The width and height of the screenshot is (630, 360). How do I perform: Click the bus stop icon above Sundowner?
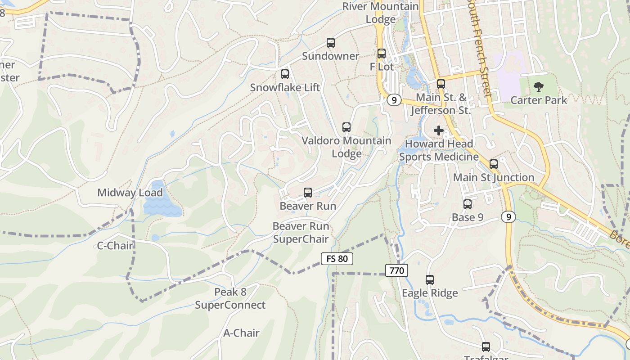(x=331, y=43)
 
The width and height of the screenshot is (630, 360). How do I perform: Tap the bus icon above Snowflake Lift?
(x=285, y=74)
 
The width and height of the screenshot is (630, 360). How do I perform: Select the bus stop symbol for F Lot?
(x=382, y=54)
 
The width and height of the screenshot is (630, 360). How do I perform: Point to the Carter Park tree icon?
(x=538, y=87)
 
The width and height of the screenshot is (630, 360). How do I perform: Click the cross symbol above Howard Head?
(x=439, y=130)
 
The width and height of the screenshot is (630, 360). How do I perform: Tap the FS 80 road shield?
(x=337, y=259)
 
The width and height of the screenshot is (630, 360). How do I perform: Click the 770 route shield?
(x=396, y=270)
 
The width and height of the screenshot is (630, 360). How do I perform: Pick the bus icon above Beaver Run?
(x=308, y=193)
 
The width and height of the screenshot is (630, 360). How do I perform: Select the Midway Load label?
(x=130, y=193)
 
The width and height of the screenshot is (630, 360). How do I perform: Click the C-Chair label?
(x=116, y=246)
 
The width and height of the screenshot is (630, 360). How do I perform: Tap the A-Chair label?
(x=242, y=333)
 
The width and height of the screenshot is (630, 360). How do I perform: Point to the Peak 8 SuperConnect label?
(x=230, y=298)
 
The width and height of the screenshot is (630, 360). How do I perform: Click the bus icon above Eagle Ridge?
(x=430, y=280)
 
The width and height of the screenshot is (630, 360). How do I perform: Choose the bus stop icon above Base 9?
(x=468, y=204)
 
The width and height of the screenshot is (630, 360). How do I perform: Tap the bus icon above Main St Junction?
(x=494, y=164)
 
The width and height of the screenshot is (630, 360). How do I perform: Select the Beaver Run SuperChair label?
(x=301, y=233)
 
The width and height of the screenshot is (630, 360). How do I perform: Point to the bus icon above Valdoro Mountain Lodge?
(x=346, y=127)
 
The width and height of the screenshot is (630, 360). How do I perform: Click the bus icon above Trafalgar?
(x=486, y=347)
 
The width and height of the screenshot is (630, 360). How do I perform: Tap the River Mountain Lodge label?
(x=381, y=13)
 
